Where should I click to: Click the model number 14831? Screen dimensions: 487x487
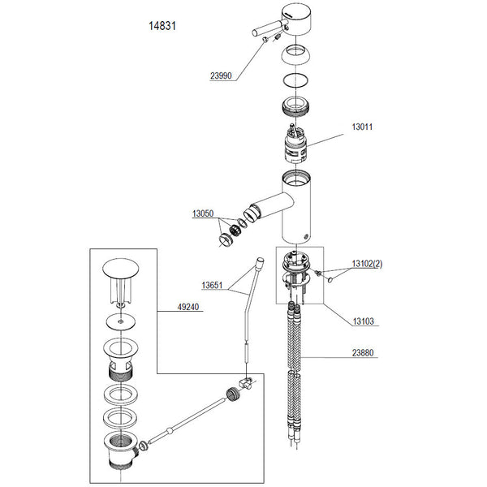click(163, 26)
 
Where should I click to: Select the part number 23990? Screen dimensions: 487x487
click(221, 75)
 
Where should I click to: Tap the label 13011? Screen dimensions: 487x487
click(361, 127)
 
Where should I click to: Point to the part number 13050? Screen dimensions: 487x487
click(204, 213)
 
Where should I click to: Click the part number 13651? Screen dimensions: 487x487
click(213, 285)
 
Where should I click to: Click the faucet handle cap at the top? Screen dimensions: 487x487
click(299, 19)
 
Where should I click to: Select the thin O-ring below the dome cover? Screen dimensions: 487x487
click(297, 81)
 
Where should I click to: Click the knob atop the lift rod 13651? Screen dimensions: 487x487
click(261, 262)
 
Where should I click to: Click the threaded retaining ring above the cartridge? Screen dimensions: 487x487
click(297, 106)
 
